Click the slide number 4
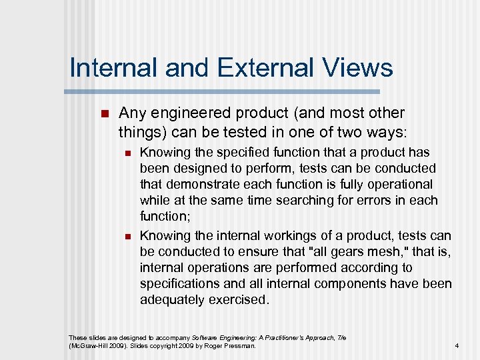[x=457, y=346]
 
